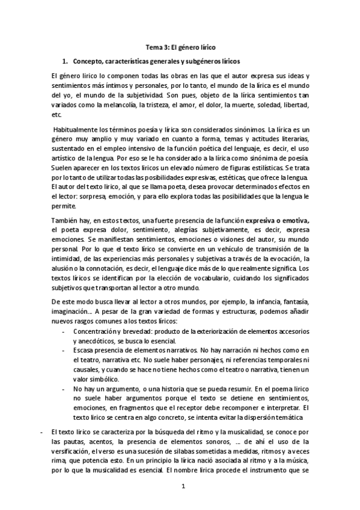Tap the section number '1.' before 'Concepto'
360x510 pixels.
point(66,61)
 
